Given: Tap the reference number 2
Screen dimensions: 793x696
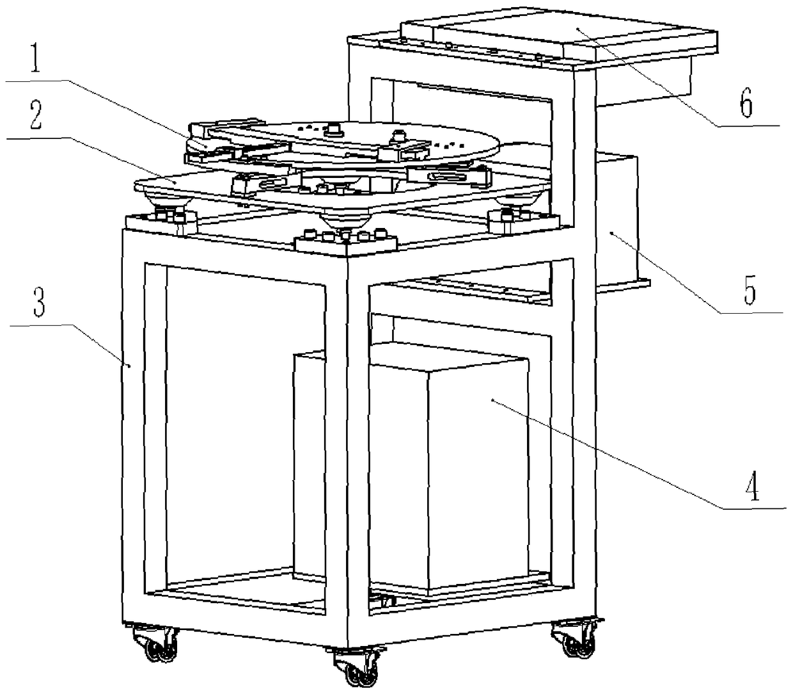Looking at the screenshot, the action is click(x=36, y=115).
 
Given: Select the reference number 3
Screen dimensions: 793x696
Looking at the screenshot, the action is click(x=39, y=302).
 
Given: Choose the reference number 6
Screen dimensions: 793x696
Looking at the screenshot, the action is click(x=745, y=104).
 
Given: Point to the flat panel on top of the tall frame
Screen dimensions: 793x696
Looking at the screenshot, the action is click(x=560, y=35).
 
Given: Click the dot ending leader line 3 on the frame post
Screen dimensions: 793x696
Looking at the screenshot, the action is click(x=129, y=365).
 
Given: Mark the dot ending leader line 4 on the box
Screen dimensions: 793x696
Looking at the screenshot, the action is click(x=492, y=400).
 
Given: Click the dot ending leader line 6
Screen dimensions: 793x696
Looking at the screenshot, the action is click(x=577, y=29).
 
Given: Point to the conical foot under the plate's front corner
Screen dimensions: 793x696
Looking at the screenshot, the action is click(x=345, y=219).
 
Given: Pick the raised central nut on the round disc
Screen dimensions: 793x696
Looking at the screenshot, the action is click(x=334, y=129).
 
